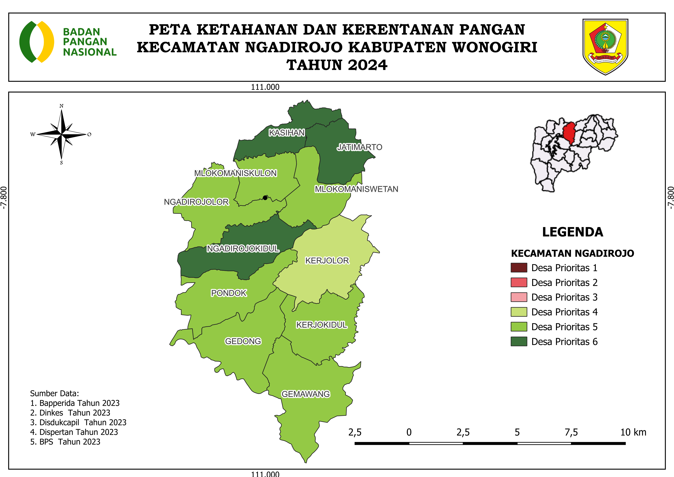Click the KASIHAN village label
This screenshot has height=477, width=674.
287,133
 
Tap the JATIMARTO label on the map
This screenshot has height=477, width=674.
359,147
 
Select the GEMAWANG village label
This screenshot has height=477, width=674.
306,394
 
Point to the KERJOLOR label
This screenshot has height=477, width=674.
327,261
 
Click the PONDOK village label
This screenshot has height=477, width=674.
229,293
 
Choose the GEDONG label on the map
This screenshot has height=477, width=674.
243,341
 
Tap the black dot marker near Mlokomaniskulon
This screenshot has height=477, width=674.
265,198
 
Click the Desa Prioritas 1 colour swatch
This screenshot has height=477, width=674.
519,268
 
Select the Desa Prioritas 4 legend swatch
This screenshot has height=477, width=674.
519,312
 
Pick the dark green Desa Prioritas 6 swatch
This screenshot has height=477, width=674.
519,342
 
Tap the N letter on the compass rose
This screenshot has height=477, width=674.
61,106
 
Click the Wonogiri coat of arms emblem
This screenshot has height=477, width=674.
605,47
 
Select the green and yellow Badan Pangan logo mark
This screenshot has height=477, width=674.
37,42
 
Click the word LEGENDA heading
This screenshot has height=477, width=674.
573,232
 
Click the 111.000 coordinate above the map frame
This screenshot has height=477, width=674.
265,87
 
